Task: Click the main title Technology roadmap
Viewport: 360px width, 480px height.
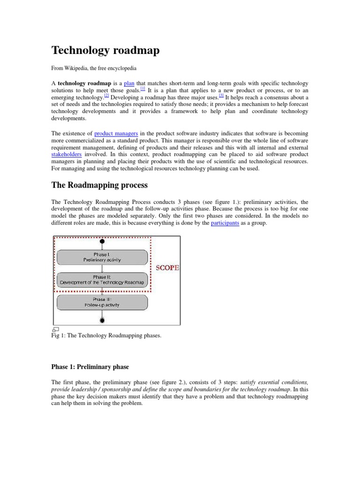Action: click(105, 50)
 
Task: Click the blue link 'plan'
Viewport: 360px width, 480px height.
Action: click(129, 83)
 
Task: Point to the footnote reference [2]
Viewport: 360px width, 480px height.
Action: click(107, 96)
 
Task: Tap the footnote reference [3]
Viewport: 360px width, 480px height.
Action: click(221, 96)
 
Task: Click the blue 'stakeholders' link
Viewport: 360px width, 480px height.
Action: click(67, 154)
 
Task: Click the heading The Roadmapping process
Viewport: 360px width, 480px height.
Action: click(99, 185)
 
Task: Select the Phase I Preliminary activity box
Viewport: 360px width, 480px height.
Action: click(102, 257)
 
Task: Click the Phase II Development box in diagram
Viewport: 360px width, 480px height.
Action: click(102, 280)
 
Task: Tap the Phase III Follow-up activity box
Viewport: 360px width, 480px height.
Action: click(102, 302)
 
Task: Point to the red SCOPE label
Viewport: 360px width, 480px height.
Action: click(167, 268)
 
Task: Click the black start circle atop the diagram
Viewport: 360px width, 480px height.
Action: click(102, 242)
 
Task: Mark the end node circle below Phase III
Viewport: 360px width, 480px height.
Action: click(102, 320)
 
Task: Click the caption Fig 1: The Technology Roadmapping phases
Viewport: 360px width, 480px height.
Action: click(106, 336)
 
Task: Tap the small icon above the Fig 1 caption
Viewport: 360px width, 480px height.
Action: click(55, 330)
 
